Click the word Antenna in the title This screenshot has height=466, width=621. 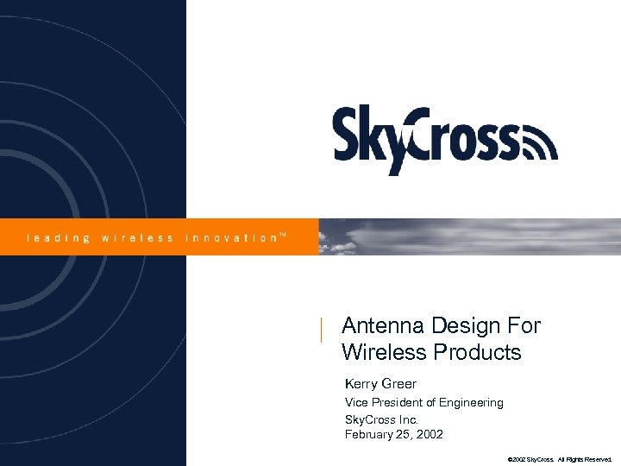coord(376,326)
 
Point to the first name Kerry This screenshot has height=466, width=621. coord(361,384)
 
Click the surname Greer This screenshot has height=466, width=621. coord(399,384)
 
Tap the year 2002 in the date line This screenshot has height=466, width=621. coord(429,434)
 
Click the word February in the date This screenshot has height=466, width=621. coord(372,434)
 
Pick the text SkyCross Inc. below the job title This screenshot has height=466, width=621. coord(381,419)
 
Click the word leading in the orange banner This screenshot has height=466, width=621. coord(58,237)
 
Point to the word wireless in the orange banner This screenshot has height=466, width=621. coord(138,237)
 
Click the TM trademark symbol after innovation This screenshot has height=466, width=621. coord(284,234)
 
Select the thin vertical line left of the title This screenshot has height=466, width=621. coord(321,331)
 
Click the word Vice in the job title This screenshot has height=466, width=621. coord(356,402)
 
